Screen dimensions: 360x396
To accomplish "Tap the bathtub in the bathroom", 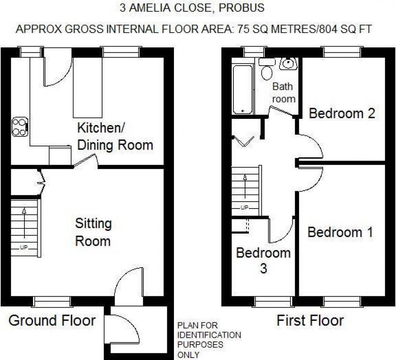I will (243, 90).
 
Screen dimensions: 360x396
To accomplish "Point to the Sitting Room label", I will (93, 232).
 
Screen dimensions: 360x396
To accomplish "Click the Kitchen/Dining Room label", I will (115, 136).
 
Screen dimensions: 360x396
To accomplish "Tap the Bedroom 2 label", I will (342, 113).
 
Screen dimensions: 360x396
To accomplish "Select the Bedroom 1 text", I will (340, 232).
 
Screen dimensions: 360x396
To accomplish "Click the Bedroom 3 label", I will (263, 260).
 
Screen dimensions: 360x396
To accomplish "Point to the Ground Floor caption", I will (52, 321).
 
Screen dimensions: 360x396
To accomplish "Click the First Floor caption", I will (310, 321).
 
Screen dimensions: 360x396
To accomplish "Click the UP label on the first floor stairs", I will (245, 208).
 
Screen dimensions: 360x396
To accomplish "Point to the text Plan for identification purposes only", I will (209, 340).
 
